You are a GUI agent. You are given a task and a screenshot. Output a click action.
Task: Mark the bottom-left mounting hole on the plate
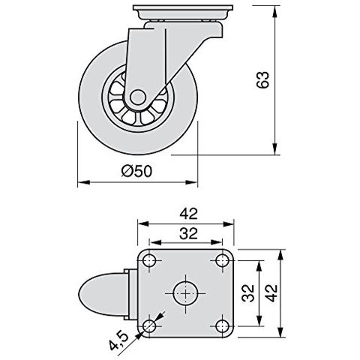[x=149, y=325]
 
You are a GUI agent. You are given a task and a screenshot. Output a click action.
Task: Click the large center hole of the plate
[x=184, y=293]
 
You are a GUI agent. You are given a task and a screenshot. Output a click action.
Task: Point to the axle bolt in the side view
[x=139, y=97]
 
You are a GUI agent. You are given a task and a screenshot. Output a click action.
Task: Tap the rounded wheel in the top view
[x=105, y=293]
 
